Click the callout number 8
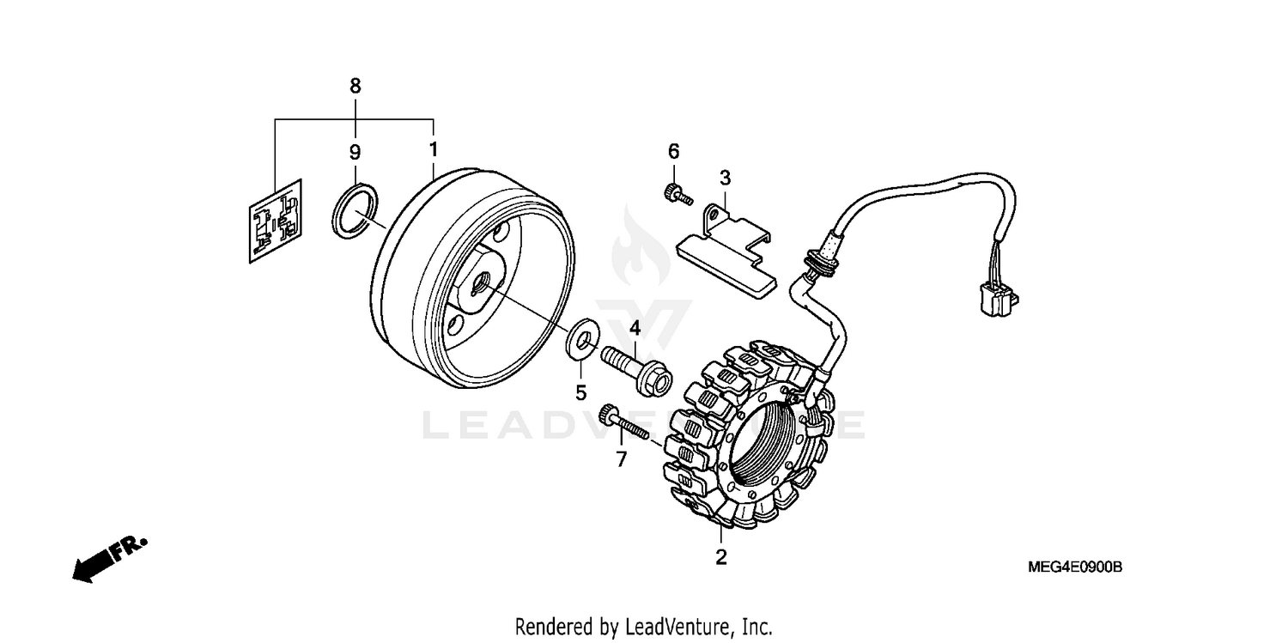pyautogui.click(x=355, y=86)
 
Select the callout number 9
pyautogui.click(x=355, y=153)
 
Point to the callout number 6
pyautogui.click(x=673, y=152)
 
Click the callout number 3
pyautogui.click(x=725, y=178)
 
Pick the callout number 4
pyautogui.click(x=635, y=327)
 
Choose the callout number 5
pyautogui.click(x=580, y=393)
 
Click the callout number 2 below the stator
pyautogui.click(x=721, y=556)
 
